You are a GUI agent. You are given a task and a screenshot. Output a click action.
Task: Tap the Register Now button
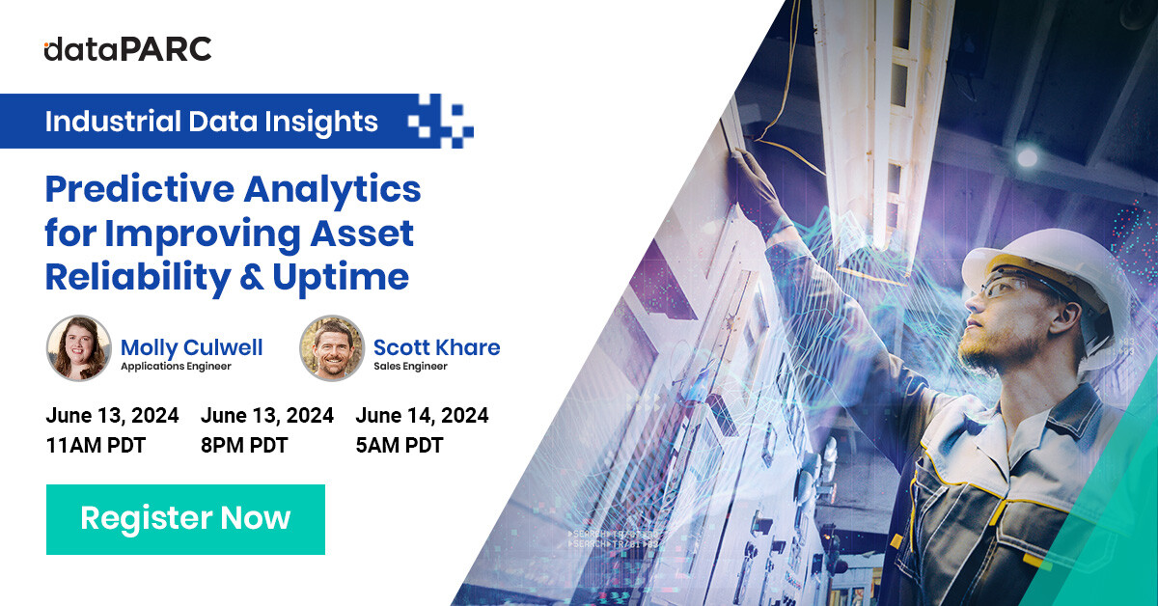click(185, 519)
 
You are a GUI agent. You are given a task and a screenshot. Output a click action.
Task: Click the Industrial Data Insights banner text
click(211, 122)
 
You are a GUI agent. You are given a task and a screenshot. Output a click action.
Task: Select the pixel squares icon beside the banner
click(440, 122)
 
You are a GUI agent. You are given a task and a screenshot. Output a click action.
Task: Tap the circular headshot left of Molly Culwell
click(78, 348)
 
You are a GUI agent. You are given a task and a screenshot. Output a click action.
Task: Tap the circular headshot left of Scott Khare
click(331, 348)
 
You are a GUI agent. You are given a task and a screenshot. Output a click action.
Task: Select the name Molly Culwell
click(191, 346)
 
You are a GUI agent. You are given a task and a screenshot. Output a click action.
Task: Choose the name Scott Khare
click(436, 346)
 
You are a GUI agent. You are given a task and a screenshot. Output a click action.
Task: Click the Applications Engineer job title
click(176, 367)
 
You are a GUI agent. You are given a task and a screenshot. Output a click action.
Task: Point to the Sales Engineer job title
click(410, 367)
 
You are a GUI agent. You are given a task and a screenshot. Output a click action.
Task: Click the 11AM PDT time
click(96, 446)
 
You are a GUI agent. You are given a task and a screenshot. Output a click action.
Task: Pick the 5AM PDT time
click(399, 446)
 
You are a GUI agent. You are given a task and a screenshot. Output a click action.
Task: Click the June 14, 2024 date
click(422, 416)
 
